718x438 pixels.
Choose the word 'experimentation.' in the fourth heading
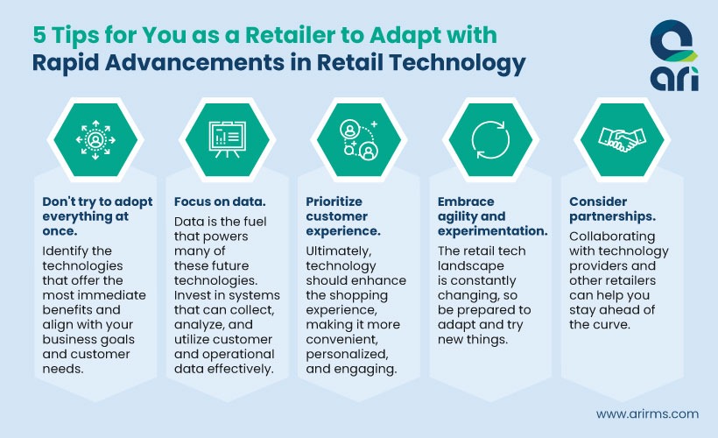click(493, 231)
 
